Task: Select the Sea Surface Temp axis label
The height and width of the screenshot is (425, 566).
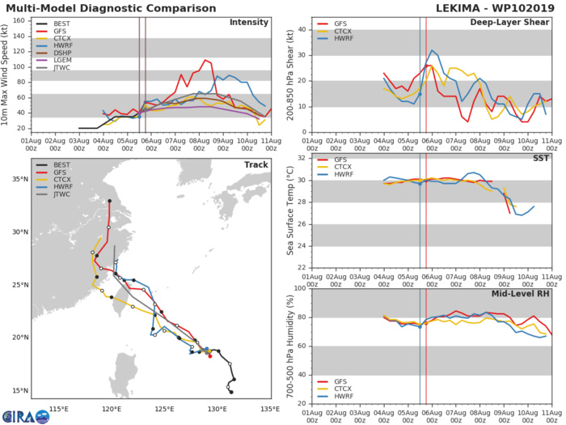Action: pyautogui.click(x=290, y=210)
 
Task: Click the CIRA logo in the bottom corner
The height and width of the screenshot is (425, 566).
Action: pyautogui.click(x=24, y=415)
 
